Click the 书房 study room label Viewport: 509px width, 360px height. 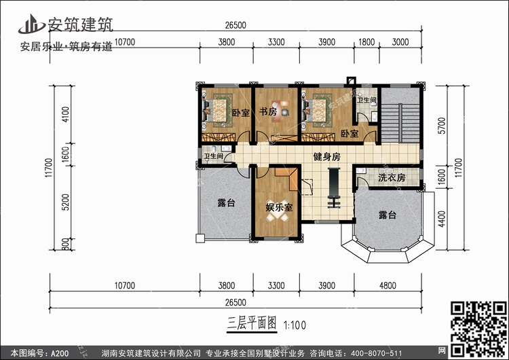(x=268, y=111)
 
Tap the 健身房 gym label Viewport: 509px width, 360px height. (x=326, y=157)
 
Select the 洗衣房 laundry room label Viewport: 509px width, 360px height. (x=392, y=177)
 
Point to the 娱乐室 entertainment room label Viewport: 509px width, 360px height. (x=279, y=207)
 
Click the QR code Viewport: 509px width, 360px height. (x=478, y=329)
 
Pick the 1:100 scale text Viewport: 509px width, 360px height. (x=295, y=325)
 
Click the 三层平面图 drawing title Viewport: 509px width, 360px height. (x=252, y=323)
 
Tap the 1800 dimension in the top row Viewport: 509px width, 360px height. (x=366, y=42)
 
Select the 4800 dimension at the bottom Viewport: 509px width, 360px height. (x=388, y=285)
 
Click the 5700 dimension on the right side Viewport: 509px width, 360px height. (x=442, y=126)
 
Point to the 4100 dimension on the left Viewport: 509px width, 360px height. (x=65, y=114)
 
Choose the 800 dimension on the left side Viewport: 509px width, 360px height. (x=65, y=245)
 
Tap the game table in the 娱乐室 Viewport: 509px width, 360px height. (x=277, y=211)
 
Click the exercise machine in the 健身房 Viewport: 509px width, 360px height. (x=334, y=187)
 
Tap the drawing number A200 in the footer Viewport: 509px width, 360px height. (x=60, y=353)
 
